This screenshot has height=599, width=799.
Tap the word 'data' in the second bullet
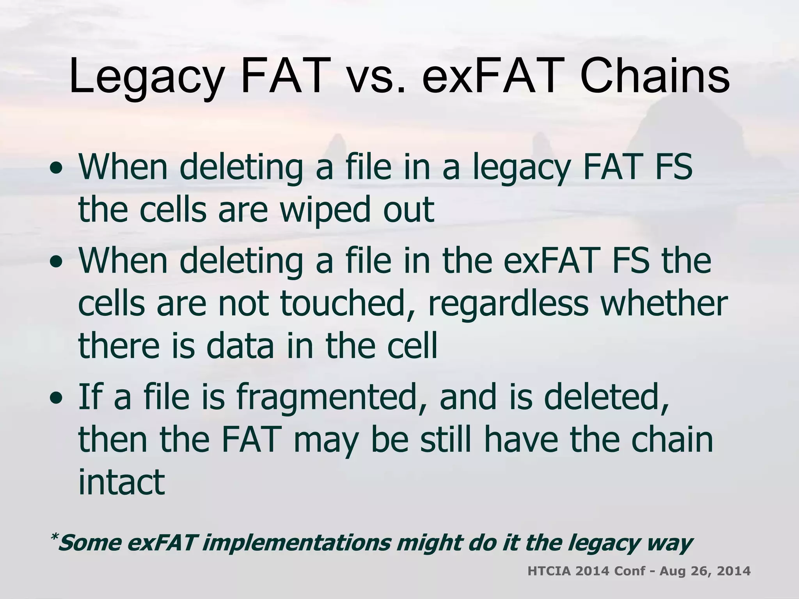(240, 346)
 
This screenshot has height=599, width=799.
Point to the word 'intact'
(122, 482)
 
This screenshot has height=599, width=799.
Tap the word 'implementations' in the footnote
(297, 543)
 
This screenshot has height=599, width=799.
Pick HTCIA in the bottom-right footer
(549, 571)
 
